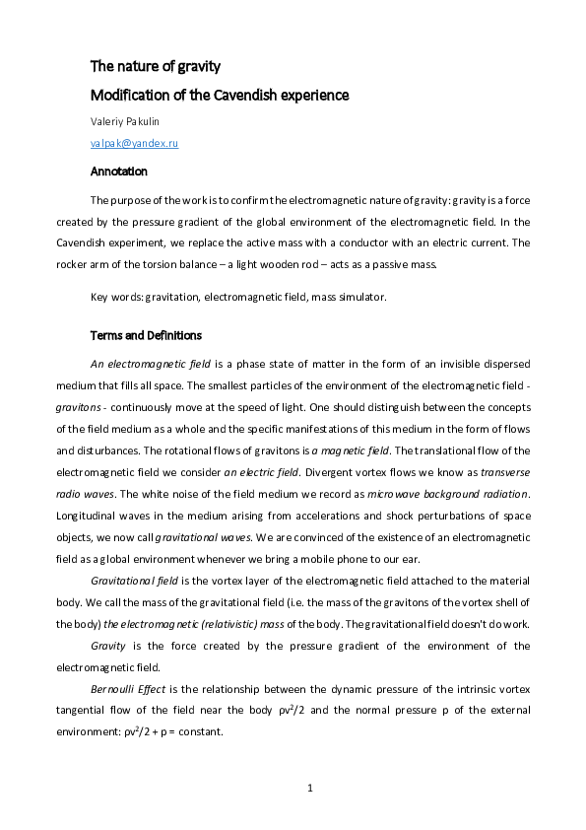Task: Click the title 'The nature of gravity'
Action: click(x=155, y=67)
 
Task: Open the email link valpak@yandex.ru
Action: click(x=134, y=144)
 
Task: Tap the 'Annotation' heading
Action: click(x=118, y=171)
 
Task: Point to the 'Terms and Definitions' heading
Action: click(x=146, y=335)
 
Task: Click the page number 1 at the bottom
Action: click(x=309, y=788)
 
